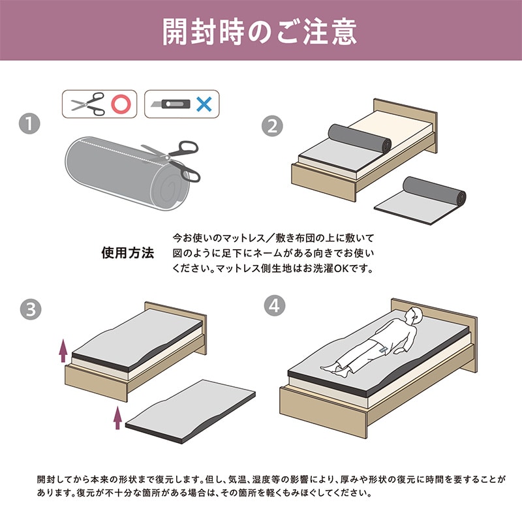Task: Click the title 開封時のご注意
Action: coord(260,31)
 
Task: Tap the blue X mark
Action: coord(204,103)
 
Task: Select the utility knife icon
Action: coord(170,103)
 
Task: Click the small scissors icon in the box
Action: coord(87,103)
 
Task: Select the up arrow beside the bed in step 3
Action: coord(63,350)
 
